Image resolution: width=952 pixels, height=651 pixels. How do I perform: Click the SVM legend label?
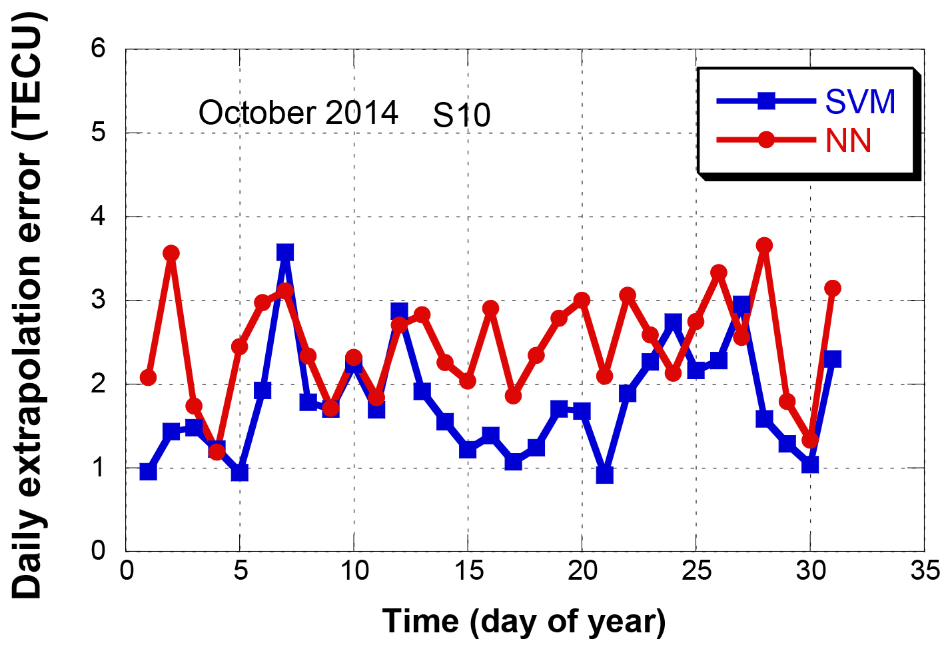(x=860, y=102)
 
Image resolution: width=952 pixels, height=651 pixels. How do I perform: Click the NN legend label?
(x=848, y=141)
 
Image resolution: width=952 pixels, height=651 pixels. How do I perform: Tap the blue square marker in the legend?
(x=766, y=101)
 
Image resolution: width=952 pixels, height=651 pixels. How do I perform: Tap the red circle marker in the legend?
(x=766, y=140)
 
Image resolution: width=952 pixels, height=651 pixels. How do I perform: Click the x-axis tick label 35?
(x=925, y=571)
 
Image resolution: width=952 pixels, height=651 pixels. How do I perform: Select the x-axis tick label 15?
(x=468, y=571)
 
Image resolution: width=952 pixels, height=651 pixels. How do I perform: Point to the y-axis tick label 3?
(x=99, y=299)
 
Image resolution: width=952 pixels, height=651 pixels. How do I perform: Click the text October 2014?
(x=298, y=113)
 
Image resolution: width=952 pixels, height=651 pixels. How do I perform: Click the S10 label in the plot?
(x=462, y=116)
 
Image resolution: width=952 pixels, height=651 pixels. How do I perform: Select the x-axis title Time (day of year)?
(x=524, y=621)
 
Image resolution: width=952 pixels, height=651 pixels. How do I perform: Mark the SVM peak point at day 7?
(x=285, y=253)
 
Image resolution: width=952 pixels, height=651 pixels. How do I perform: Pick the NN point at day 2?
(x=171, y=253)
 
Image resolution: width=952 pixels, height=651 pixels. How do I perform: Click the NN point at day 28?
(x=764, y=245)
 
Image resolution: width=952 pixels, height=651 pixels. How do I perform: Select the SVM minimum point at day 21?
(x=604, y=475)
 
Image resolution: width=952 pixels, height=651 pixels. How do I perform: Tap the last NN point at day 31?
(x=832, y=288)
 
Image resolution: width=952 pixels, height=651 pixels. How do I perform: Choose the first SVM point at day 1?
(x=149, y=472)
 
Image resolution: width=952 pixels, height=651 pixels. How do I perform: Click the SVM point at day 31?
(x=833, y=359)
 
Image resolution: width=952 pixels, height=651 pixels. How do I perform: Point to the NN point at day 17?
(x=513, y=396)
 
